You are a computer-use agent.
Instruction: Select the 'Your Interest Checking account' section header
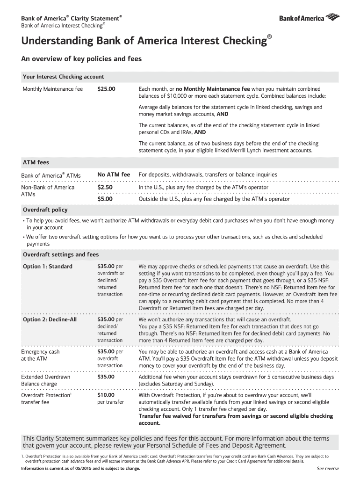coord(64,77)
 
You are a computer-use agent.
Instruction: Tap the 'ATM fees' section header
coord(36,162)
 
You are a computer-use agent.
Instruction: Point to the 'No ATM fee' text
coord(114,175)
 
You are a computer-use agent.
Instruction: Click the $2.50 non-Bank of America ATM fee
coord(105,187)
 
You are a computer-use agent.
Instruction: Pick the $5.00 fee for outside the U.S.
coord(105,199)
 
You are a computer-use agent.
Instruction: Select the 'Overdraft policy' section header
coord(45,210)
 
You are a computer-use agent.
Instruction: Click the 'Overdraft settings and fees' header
coord(61,254)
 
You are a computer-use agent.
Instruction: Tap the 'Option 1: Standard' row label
coord(48,267)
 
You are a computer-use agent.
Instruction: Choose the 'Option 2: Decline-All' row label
coord(50,319)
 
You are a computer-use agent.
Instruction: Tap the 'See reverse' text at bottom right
coord(328,469)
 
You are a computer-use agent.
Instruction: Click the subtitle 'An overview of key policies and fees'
coord(79,59)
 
